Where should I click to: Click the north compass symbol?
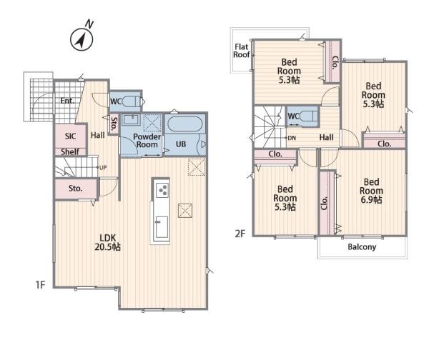click(x=82, y=39)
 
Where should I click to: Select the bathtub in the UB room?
click(x=184, y=125)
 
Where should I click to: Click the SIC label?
click(x=70, y=136)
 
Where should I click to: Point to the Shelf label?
click(x=70, y=151)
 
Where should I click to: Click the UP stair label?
click(x=103, y=168)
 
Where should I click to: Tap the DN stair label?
click(x=292, y=138)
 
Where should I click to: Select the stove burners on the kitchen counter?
click(x=161, y=190)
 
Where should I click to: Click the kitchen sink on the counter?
click(x=161, y=227)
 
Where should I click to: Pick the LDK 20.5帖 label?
click(x=107, y=242)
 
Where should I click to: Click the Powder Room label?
click(x=147, y=141)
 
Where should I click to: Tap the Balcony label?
click(x=362, y=247)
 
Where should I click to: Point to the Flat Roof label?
click(x=242, y=51)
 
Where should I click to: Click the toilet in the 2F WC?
click(x=308, y=116)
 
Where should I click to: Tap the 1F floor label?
click(x=40, y=285)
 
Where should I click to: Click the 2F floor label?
click(x=240, y=234)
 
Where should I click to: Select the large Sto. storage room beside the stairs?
click(x=76, y=189)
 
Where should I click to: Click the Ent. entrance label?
click(x=67, y=101)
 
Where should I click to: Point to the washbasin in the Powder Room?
click(x=131, y=119)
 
